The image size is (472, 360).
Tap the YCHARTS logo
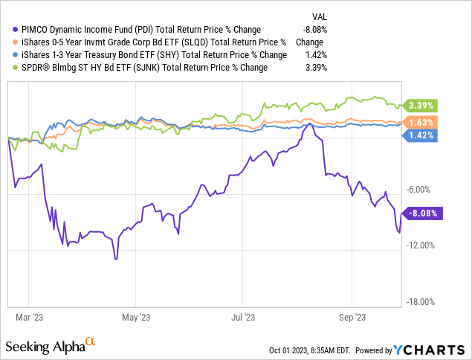point(426,349)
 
